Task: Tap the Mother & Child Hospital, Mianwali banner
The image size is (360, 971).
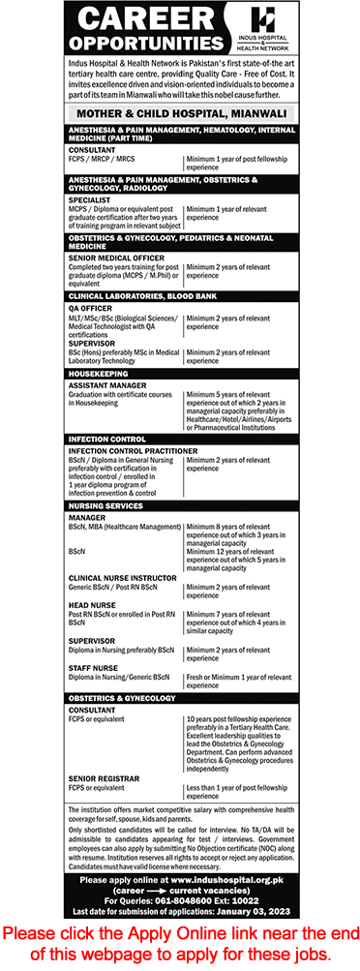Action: (x=179, y=112)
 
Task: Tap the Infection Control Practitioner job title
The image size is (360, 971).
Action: (x=133, y=450)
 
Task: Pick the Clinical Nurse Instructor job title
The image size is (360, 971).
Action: (x=121, y=578)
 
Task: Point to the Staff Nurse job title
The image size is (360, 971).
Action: (x=95, y=667)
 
